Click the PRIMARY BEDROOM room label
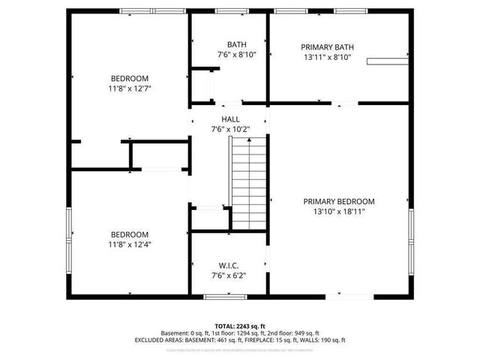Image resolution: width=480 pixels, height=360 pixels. (339, 201)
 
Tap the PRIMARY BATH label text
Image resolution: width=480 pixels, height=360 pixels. (328, 46)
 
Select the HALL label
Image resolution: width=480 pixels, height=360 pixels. (230, 119)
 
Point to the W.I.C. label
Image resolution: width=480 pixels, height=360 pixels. (228, 265)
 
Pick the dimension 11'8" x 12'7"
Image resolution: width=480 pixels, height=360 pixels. (130, 88)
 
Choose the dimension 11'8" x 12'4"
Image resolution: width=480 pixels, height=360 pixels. (130, 244)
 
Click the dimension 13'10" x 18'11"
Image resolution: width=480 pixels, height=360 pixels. (339, 211)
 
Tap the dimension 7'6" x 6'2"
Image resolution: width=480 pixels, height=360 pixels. (228, 275)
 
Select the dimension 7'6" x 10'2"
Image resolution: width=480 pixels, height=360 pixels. (230, 130)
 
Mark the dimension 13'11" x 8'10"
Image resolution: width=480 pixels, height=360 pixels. (328, 57)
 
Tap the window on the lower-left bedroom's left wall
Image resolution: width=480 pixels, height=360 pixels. (70, 232)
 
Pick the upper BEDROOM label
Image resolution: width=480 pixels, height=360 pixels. (130, 78)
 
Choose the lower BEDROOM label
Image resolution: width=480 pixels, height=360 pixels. (130, 234)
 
